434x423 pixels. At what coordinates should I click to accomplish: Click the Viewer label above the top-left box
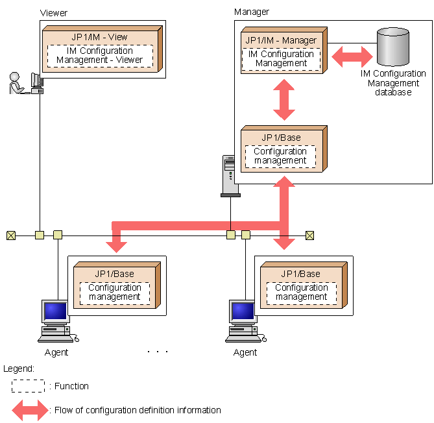pyautogui.click(x=53, y=13)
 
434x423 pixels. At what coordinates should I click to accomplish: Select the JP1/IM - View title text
pyautogui.click(x=100, y=37)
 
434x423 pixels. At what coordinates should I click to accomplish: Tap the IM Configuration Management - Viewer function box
pyautogui.click(x=100, y=56)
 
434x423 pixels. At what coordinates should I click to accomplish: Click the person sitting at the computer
pyautogui.click(x=17, y=83)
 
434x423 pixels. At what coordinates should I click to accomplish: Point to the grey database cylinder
pyautogui.click(x=393, y=47)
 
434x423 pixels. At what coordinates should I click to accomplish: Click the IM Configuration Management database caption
pyautogui.click(x=393, y=83)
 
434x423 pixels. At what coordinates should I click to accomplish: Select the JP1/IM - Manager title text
pyautogui.click(x=281, y=40)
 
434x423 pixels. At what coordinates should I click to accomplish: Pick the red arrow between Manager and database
pyautogui.click(x=352, y=56)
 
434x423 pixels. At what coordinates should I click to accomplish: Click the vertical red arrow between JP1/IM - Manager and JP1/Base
pyautogui.click(x=284, y=100)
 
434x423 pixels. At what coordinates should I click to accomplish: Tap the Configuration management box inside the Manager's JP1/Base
pyautogui.click(x=280, y=156)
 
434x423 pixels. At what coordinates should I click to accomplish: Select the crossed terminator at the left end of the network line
pyautogui.click(x=11, y=236)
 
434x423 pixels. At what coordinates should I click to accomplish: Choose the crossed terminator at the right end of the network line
pyautogui.click(x=309, y=236)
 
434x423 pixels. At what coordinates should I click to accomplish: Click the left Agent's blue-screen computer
pyautogui.click(x=56, y=321)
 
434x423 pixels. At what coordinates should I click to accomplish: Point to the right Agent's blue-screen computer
pyautogui.click(x=245, y=321)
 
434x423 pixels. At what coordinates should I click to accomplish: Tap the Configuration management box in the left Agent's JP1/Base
pyautogui.click(x=115, y=293)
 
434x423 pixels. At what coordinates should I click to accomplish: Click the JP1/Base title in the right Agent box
pyautogui.click(x=300, y=274)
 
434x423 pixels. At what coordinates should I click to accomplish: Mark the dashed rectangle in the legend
pyautogui.click(x=28, y=386)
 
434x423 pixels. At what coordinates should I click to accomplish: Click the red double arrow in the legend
pyautogui.click(x=30, y=410)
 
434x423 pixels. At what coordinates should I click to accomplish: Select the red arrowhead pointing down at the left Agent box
pyautogui.click(x=117, y=247)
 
